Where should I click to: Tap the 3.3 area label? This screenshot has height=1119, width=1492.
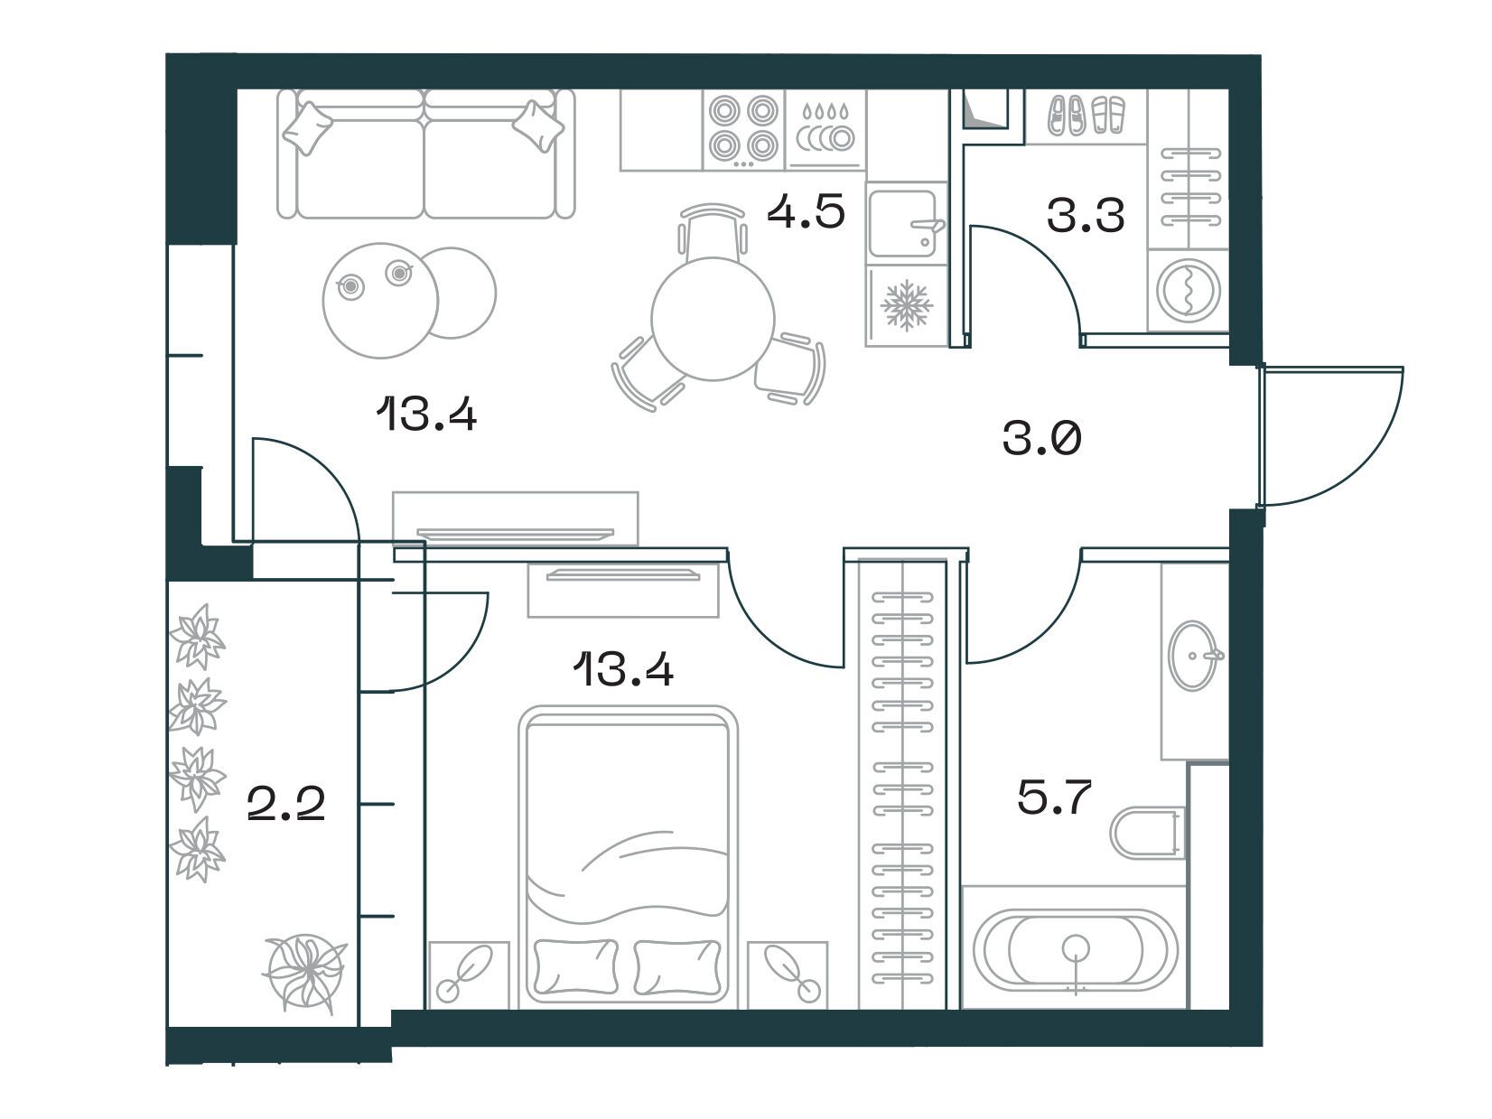(1086, 216)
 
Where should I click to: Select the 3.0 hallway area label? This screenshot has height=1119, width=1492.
(1042, 438)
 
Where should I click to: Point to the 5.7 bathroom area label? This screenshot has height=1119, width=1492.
(1054, 797)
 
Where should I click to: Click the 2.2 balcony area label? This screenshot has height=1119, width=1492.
(286, 804)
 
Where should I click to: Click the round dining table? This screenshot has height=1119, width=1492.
(713, 319)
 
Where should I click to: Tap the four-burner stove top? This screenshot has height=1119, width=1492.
(743, 130)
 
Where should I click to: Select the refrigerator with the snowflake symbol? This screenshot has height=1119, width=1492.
(907, 306)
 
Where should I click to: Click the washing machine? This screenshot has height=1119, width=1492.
(1189, 291)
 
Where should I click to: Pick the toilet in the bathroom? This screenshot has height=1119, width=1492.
(1148, 833)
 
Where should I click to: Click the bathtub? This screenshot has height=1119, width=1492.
(1075, 949)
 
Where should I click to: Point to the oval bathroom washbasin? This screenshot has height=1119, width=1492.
(1195, 656)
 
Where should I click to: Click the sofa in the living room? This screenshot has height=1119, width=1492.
(426, 154)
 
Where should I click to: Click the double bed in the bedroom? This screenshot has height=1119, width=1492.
(628, 857)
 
